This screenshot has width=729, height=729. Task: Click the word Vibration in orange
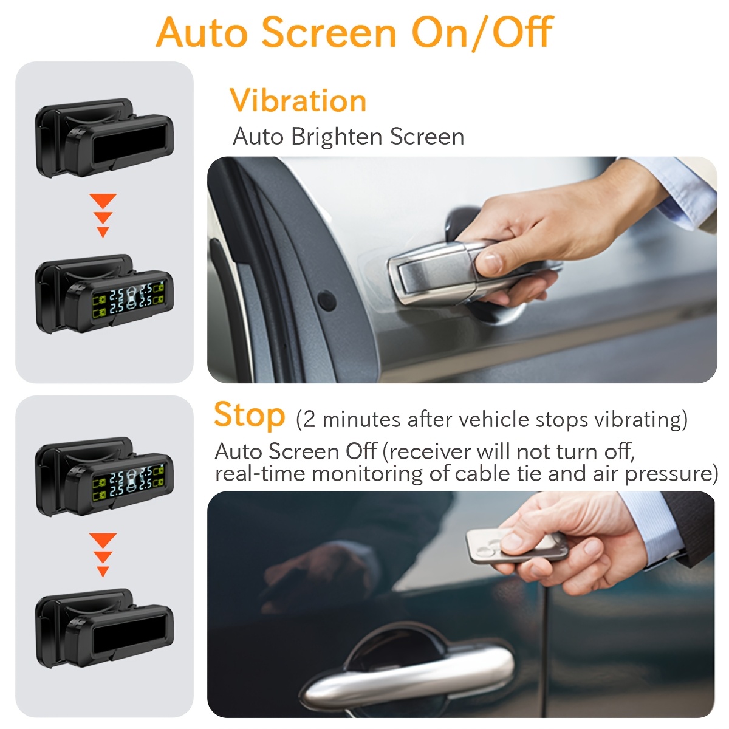(298, 100)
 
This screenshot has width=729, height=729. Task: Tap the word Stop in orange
(249, 416)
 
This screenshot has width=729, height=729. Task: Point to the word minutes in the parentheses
(361, 420)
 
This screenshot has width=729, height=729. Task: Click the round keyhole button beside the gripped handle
(327, 300)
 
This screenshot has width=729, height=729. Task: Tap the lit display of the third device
(129, 480)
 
